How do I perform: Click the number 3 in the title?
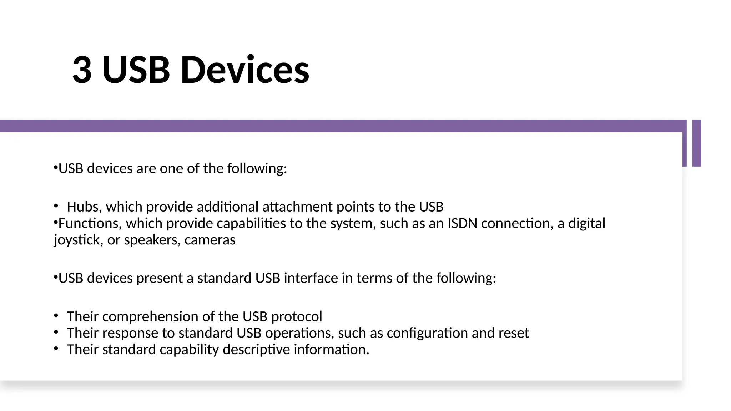click(x=82, y=70)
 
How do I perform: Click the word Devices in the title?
click(x=245, y=70)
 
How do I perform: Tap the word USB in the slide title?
click(x=136, y=70)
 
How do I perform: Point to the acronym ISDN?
click(x=462, y=223)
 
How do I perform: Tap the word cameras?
click(x=210, y=240)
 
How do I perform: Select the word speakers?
click(x=152, y=240)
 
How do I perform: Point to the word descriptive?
click(x=256, y=350)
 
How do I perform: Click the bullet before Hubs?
click(x=56, y=206)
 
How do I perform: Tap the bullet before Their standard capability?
click(x=56, y=349)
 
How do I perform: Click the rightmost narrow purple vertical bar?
click(x=696, y=143)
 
